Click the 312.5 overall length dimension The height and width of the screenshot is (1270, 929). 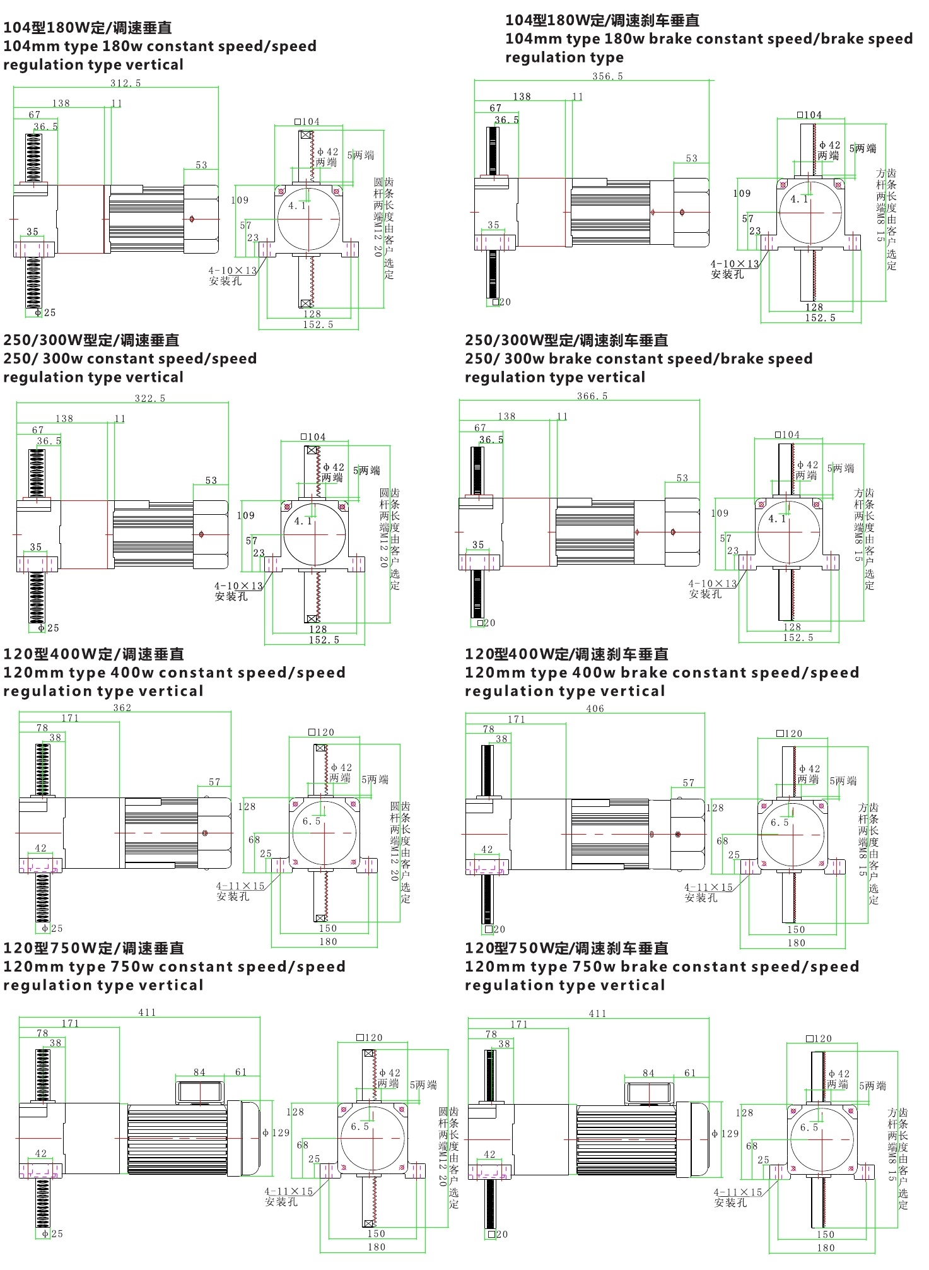click(x=126, y=83)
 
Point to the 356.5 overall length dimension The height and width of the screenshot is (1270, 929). click(x=607, y=76)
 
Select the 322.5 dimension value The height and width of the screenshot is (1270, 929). click(x=150, y=398)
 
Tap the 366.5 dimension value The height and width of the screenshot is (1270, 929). click(x=592, y=396)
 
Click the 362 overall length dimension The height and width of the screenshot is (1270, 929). click(x=122, y=708)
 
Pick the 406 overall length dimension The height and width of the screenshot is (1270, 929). click(x=595, y=708)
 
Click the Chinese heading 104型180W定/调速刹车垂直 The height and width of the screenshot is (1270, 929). click(x=602, y=21)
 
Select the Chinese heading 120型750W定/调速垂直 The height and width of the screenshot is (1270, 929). click(x=94, y=948)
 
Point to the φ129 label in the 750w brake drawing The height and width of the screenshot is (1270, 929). click(x=725, y=1134)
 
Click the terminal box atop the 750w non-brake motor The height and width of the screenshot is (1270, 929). click(x=199, y=1093)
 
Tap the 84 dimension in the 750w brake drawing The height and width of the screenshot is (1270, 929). click(x=648, y=1073)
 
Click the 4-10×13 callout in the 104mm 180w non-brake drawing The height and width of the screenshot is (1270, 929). click(x=233, y=271)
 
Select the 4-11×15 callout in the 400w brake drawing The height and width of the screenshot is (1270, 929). click(x=709, y=888)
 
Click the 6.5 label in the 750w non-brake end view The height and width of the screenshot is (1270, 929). click(x=360, y=1127)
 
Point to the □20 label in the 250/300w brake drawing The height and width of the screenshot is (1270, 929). click(x=486, y=623)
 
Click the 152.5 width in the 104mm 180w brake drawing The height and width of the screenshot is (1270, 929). click(x=820, y=318)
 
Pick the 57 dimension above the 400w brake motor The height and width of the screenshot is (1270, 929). click(x=689, y=783)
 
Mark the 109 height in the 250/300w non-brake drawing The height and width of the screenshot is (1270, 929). click(x=246, y=515)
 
